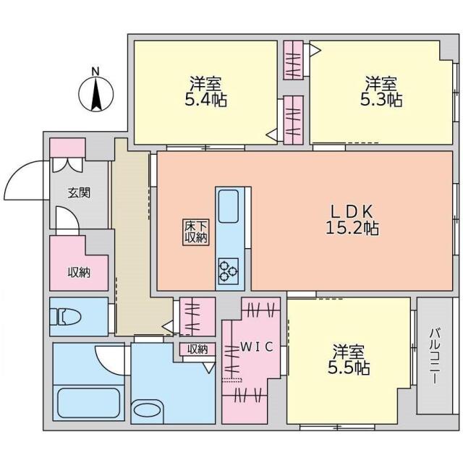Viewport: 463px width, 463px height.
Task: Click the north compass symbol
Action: coord(95,95)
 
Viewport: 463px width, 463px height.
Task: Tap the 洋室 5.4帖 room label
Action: coord(205,92)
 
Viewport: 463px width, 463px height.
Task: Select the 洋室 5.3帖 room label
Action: coord(381,92)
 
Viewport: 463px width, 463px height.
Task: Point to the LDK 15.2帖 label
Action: coord(352,219)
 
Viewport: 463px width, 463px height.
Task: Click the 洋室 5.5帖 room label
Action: coord(349,360)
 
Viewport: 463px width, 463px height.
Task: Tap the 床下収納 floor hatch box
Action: coord(196,232)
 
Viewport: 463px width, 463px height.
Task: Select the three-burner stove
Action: coord(229,271)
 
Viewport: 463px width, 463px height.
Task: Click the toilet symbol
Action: coord(65,317)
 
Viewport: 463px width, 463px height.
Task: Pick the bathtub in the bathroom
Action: coord(89,402)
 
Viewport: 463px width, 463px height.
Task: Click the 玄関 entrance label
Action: coord(79,193)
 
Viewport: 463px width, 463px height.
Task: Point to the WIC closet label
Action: coord(256,347)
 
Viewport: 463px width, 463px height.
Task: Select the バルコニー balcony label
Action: coord(434,356)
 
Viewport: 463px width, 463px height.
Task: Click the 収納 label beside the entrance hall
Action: coord(79,273)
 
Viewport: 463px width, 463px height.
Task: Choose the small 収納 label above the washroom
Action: coord(197,349)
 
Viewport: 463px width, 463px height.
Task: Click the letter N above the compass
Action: coord(95,72)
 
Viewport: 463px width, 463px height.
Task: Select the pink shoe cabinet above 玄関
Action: coord(67,148)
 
